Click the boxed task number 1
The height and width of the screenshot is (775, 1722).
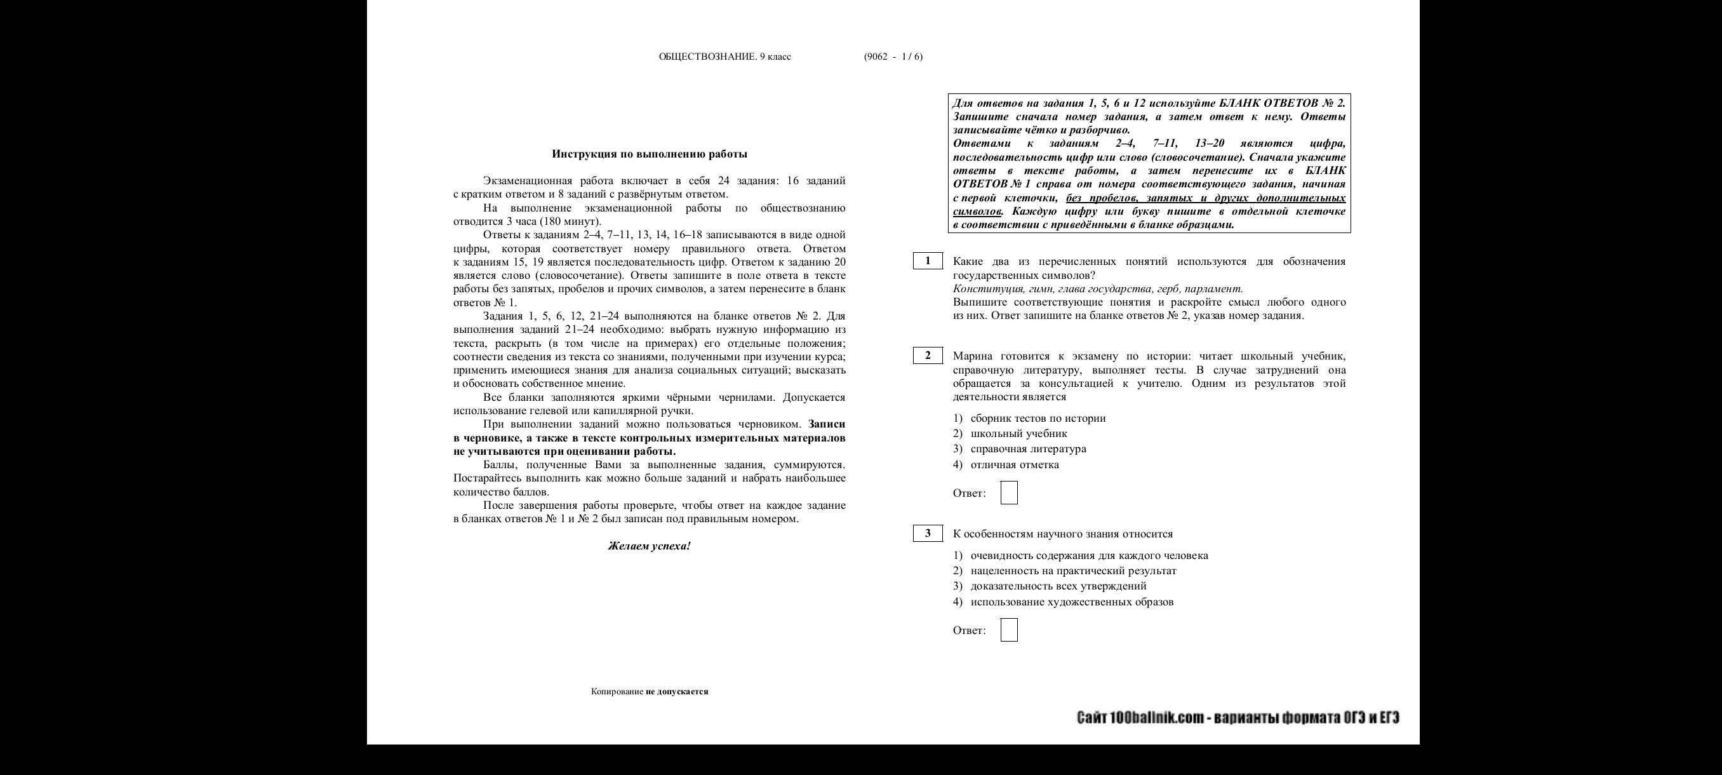click(927, 261)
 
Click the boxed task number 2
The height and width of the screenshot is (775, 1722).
click(927, 355)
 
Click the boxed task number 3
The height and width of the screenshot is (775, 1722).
click(927, 533)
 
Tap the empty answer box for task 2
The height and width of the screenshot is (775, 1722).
click(1009, 493)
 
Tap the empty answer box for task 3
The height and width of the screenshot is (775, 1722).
click(1009, 630)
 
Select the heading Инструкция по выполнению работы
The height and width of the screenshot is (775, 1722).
click(649, 154)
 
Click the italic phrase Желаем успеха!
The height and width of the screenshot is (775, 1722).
click(649, 546)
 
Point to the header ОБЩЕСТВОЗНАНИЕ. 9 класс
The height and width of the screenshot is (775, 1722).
click(724, 56)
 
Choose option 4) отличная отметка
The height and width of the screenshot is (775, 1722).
click(1006, 465)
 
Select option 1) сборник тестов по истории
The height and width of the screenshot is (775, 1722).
click(1029, 419)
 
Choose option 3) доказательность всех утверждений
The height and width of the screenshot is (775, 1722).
click(1050, 586)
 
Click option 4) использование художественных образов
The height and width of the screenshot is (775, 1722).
click(1063, 602)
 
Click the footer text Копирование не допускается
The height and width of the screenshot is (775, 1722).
click(649, 691)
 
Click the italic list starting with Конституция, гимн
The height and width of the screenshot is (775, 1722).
click(1097, 289)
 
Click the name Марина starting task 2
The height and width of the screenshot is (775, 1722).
click(973, 356)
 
